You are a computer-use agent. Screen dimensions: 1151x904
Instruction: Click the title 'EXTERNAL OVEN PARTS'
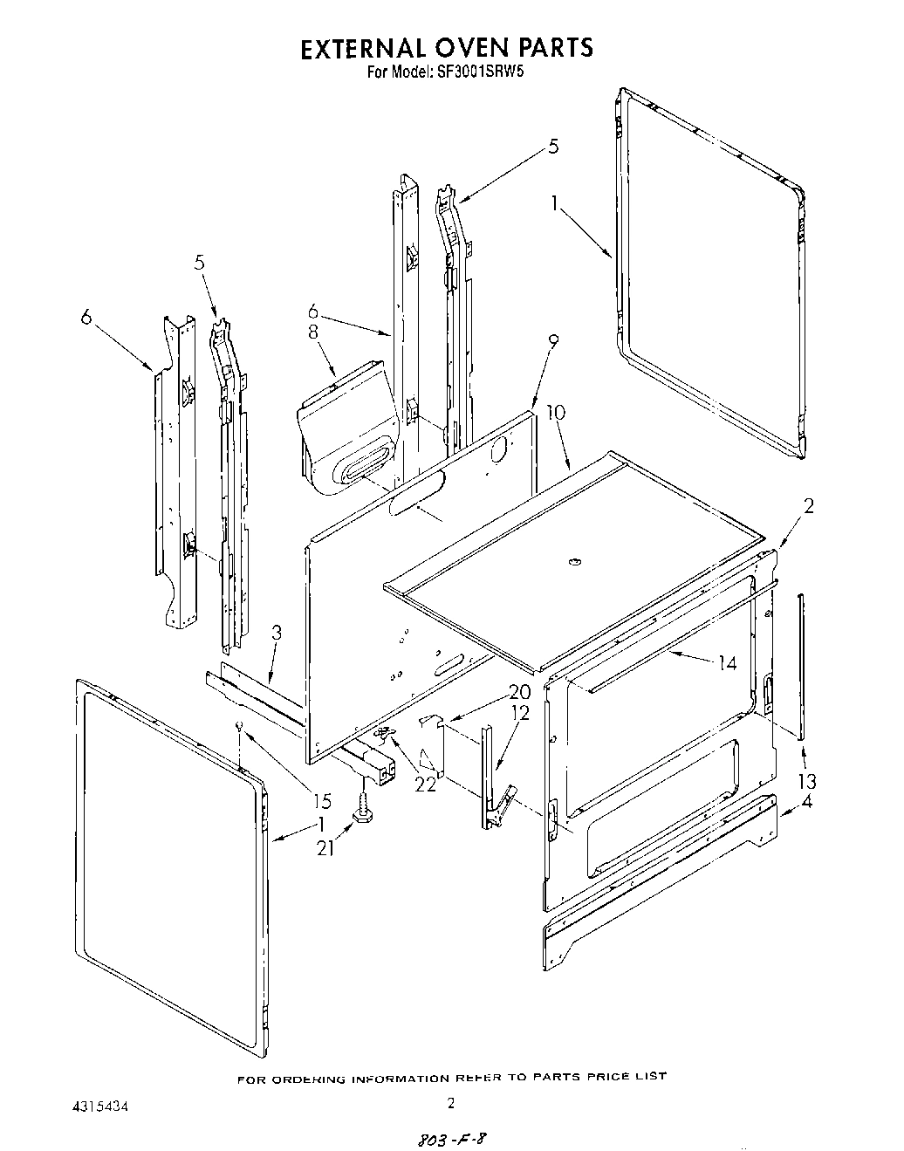pyautogui.click(x=447, y=47)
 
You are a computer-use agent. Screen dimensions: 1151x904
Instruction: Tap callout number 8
pyautogui.click(x=312, y=332)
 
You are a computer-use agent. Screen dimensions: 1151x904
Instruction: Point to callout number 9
pyautogui.click(x=553, y=341)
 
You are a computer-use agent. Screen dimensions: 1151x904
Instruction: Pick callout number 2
pyautogui.click(x=808, y=506)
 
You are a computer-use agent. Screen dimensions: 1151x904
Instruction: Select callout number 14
pyautogui.click(x=726, y=664)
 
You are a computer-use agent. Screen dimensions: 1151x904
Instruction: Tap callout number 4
pyautogui.click(x=806, y=803)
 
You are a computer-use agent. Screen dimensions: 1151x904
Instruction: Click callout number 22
pyautogui.click(x=425, y=784)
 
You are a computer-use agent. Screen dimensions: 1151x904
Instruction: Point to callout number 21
pyautogui.click(x=325, y=846)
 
